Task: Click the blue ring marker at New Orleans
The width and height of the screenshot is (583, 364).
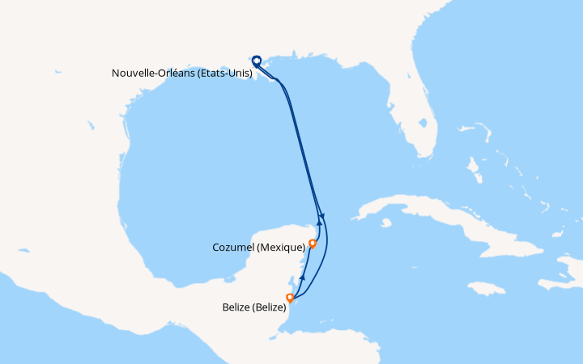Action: (x=257, y=60)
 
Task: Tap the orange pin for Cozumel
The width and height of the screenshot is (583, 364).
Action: (x=313, y=243)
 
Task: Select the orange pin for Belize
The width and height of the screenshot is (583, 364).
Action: (x=290, y=298)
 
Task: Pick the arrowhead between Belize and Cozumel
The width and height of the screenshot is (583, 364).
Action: (x=302, y=277)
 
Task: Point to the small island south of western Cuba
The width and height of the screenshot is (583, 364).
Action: (x=386, y=222)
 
